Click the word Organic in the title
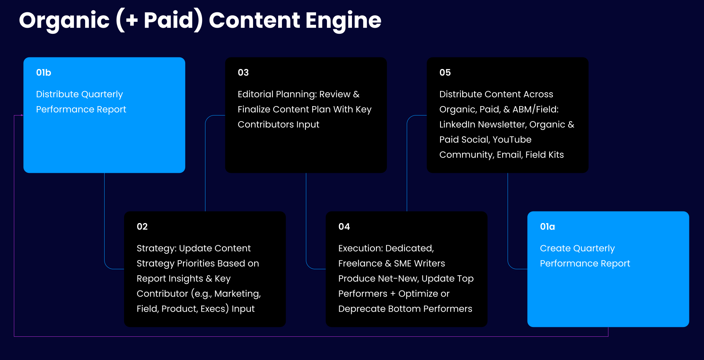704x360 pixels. (x=64, y=21)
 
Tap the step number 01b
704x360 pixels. (x=43, y=72)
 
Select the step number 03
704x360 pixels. (x=243, y=72)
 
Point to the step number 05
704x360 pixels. (x=445, y=72)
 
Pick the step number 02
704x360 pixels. (x=142, y=226)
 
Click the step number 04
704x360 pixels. (x=344, y=226)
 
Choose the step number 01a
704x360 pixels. (x=547, y=226)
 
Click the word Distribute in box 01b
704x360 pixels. (x=57, y=94)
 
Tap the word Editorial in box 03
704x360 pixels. (x=255, y=94)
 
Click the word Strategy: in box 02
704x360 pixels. (x=156, y=248)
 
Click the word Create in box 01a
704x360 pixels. (x=554, y=248)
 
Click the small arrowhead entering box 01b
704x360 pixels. (x=22, y=115)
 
